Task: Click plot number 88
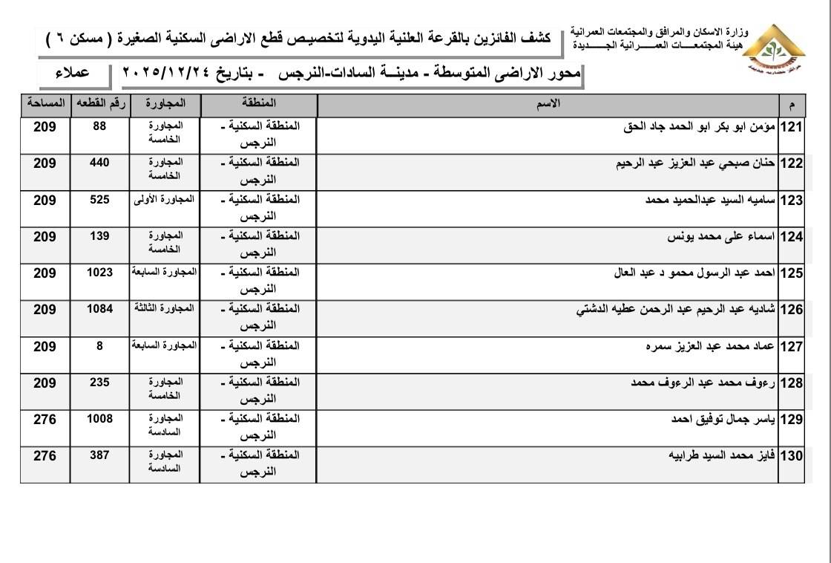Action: [x=99, y=127]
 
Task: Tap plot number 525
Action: [x=99, y=200]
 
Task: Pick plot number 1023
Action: [x=99, y=273]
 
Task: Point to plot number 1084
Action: [x=99, y=309]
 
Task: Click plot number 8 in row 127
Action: [x=99, y=345]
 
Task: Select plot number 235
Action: [x=99, y=382]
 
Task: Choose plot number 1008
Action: [x=99, y=419]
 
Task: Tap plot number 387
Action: [x=99, y=455]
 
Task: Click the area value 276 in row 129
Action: [x=45, y=420]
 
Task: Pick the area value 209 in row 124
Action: [x=45, y=237]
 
